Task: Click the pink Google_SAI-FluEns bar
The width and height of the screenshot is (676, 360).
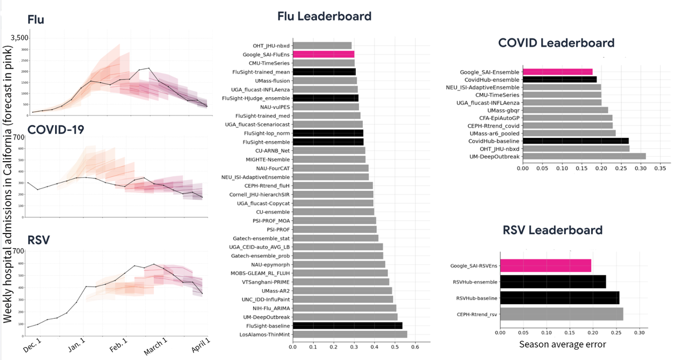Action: tap(323, 54)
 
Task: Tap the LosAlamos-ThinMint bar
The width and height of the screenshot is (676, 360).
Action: tap(350, 334)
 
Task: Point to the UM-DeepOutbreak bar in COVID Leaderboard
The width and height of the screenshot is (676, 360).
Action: tap(584, 156)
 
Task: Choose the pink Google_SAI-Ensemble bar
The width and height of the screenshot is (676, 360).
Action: tap(558, 72)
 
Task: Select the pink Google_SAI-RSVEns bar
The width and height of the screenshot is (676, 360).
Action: tap(546, 265)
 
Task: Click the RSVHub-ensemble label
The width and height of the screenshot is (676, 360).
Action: tap(474, 282)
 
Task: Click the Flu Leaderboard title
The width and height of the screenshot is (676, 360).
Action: tap(324, 16)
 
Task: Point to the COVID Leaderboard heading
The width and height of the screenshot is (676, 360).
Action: tap(556, 43)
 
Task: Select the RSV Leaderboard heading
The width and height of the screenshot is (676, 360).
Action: tap(552, 230)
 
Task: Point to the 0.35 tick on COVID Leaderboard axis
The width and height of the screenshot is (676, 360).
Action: tap(659, 168)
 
